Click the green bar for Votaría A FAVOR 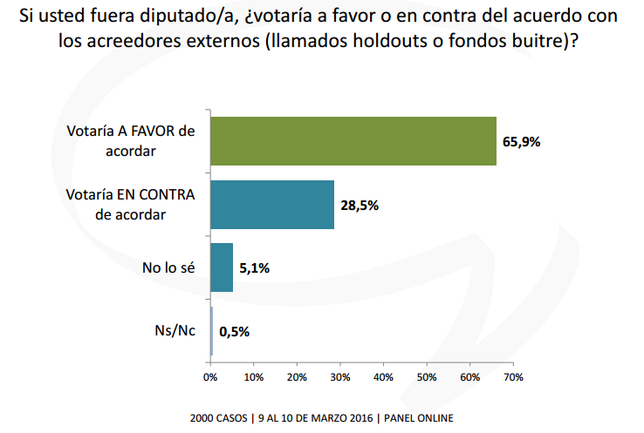[x=353, y=141]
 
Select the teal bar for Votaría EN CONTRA [x=272, y=205]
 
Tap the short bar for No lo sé [x=222, y=267]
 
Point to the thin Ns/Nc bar [x=211, y=331]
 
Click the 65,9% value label [x=522, y=142]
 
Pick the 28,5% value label [x=360, y=206]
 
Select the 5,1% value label [x=253, y=268]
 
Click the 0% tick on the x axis [x=210, y=377]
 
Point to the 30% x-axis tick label [x=340, y=377]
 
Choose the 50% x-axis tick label [x=427, y=377]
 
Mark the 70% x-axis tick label [x=513, y=377]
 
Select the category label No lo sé [x=169, y=268]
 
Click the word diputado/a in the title [x=180, y=15]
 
